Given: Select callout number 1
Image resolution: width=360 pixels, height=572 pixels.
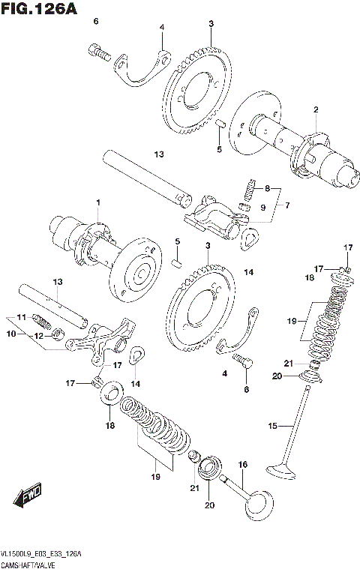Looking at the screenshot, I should point(96,203).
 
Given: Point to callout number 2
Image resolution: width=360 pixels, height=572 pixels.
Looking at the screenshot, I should point(316,110).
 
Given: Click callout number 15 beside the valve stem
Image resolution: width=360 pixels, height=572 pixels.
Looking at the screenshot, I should point(273,427).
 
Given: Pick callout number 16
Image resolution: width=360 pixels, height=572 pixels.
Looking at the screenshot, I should point(242,465).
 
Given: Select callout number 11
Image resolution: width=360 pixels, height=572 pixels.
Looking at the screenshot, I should point(22,317).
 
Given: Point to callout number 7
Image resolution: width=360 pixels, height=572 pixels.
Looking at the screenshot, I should point(284,204).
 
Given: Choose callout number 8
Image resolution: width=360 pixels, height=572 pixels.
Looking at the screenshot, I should point(266,188).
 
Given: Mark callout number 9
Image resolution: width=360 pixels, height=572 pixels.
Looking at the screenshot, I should point(262,207).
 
